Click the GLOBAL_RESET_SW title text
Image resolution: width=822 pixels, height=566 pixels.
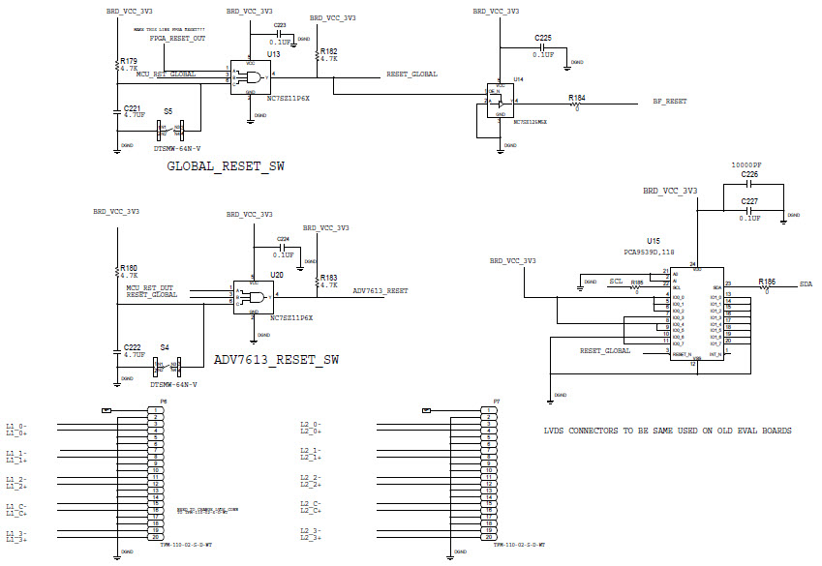tap(226, 166)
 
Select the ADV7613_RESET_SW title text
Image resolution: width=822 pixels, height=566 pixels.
tap(276, 360)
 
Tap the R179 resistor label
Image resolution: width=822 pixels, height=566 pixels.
tap(128, 60)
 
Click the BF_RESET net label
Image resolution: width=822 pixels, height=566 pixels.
tap(669, 101)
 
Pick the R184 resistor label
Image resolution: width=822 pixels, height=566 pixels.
tap(577, 98)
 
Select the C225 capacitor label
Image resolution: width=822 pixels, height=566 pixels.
tap(543, 38)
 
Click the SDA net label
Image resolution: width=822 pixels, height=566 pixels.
tap(806, 284)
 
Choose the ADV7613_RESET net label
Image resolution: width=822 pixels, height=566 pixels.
tap(381, 290)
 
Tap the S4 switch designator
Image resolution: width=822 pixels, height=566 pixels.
tap(165, 346)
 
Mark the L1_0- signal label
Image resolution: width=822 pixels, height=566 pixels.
tap(16, 426)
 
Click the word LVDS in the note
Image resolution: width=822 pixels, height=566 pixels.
tap(555, 430)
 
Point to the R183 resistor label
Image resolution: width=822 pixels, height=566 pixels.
tap(328, 277)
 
